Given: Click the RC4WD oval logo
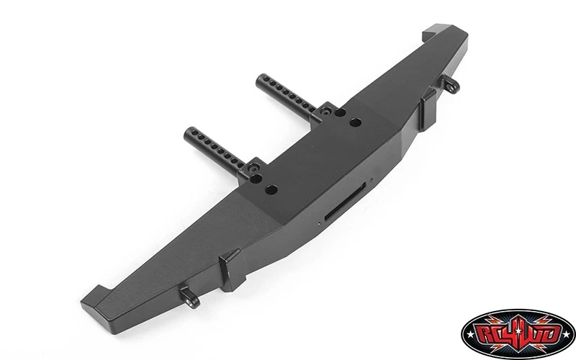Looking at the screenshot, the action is pyautogui.click(x=518, y=334).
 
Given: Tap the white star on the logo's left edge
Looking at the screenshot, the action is pyautogui.click(x=467, y=335).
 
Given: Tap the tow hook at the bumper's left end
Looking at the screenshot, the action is pyautogui.click(x=190, y=297).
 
